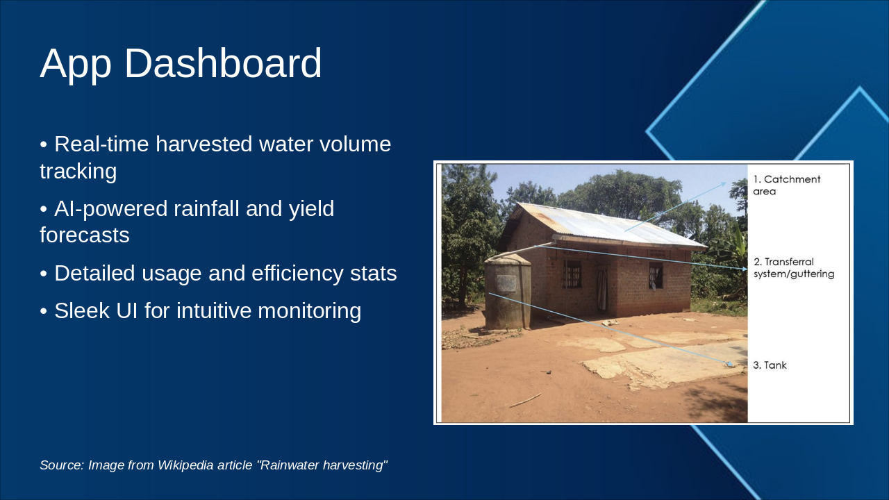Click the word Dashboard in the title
[x=223, y=63]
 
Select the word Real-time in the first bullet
[x=101, y=144]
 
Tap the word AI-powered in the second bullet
[x=110, y=209]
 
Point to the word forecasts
[x=85, y=235]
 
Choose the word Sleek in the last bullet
[x=82, y=310]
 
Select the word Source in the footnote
[x=62, y=465]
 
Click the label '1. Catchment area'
[x=787, y=185]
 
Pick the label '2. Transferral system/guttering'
[x=794, y=268]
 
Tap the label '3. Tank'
[x=770, y=365]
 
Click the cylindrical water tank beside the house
[x=508, y=293]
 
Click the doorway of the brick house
[x=602, y=290]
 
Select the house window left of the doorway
[x=572, y=274]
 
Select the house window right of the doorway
[x=656, y=275]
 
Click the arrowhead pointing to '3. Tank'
[x=729, y=363]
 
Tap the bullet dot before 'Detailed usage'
[x=44, y=274]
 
